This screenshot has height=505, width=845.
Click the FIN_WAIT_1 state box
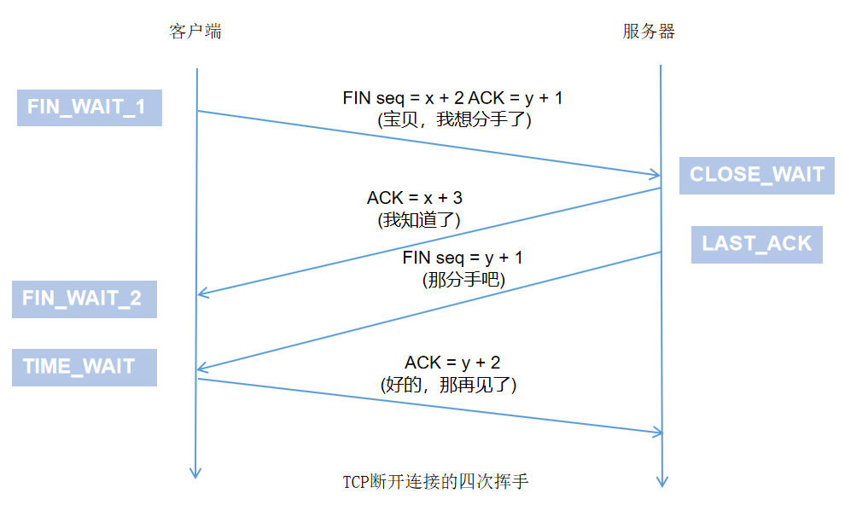click(89, 107)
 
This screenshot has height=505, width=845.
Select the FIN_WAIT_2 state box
click(84, 299)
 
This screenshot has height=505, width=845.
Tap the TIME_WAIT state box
click(84, 367)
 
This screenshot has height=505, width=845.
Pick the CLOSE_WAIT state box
click(756, 175)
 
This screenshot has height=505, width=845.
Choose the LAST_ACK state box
click(756, 243)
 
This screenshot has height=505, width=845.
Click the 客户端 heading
click(196, 32)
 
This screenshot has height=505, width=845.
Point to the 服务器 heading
click(649, 32)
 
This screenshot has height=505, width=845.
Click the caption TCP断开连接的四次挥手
click(435, 482)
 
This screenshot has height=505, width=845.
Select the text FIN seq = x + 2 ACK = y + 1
click(452, 98)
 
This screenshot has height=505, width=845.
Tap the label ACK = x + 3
click(415, 198)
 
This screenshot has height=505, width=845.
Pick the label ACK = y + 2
click(452, 363)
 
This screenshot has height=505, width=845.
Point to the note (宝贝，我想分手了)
click(454, 120)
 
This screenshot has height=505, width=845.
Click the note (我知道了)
click(418, 220)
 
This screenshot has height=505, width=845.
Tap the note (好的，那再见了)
click(449, 386)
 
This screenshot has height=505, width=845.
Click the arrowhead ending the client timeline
click(196, 473)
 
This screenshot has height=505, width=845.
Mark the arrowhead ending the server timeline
click(662, 481)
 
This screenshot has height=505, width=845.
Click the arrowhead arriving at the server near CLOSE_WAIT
click(656, 175)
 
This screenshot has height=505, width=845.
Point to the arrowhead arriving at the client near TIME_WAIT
click(202, 369)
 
